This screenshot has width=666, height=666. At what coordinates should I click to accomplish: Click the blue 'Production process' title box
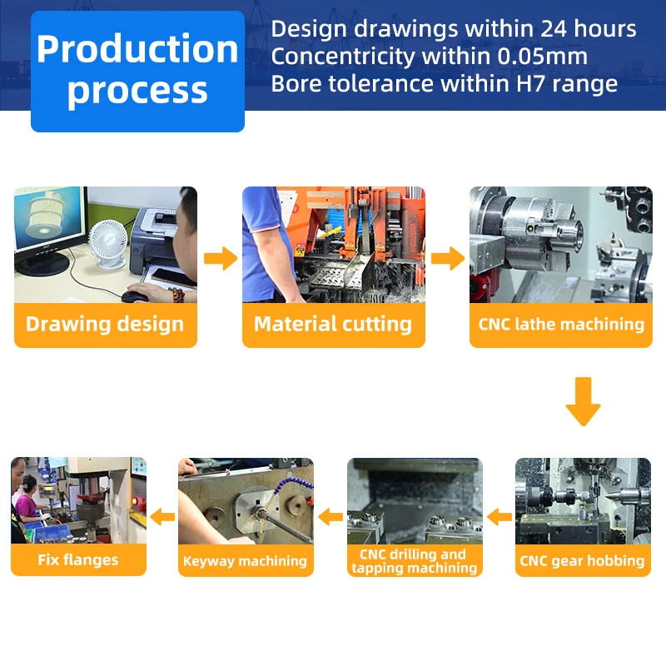tap(137, 71)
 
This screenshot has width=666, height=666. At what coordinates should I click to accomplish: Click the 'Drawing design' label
tap(105, 324)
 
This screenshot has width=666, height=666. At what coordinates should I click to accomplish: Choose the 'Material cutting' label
tap(333, 324)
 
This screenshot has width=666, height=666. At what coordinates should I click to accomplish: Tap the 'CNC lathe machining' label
tap(561, 324)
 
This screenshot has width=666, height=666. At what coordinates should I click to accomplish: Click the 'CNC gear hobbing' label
tap(582, 560)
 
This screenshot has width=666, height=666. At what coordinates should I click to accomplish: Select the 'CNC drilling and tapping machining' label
tap(415, 561)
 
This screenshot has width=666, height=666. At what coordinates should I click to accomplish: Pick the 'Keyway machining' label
tap(245, 561)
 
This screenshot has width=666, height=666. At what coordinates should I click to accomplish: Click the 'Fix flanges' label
tap(78, 559)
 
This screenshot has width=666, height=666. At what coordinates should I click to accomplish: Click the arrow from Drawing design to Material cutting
tap(220, 258)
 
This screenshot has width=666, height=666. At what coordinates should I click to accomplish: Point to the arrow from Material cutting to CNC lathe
tap(448, 258)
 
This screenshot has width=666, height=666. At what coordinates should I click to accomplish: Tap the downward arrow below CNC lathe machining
tap(583, 401)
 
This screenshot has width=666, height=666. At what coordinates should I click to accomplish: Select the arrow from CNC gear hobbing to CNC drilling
tap(499, 517)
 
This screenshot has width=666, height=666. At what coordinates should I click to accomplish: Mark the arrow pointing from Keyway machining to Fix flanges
tap(163, 517)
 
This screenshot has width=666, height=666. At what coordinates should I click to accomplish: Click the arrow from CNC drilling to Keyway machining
tap(331, 517)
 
